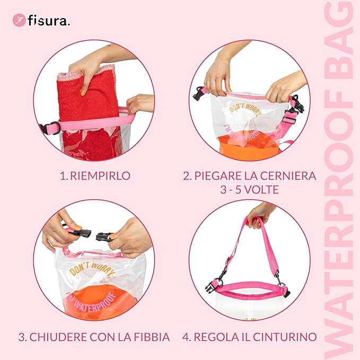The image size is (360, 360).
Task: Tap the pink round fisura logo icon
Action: click(x=19, y=20)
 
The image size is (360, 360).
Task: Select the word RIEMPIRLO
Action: click(x=100, y=176)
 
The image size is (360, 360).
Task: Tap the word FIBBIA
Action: click(x=152, y=337)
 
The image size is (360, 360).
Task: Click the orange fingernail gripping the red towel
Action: click(x=83, y=93)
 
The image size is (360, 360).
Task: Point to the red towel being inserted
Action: click(x=90, y=112)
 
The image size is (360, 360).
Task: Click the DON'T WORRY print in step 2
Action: click(x=245, y=110)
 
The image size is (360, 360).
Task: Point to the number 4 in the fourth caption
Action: click(x=185, y=337)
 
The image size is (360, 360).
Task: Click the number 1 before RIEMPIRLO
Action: click(x=62, y=176)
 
